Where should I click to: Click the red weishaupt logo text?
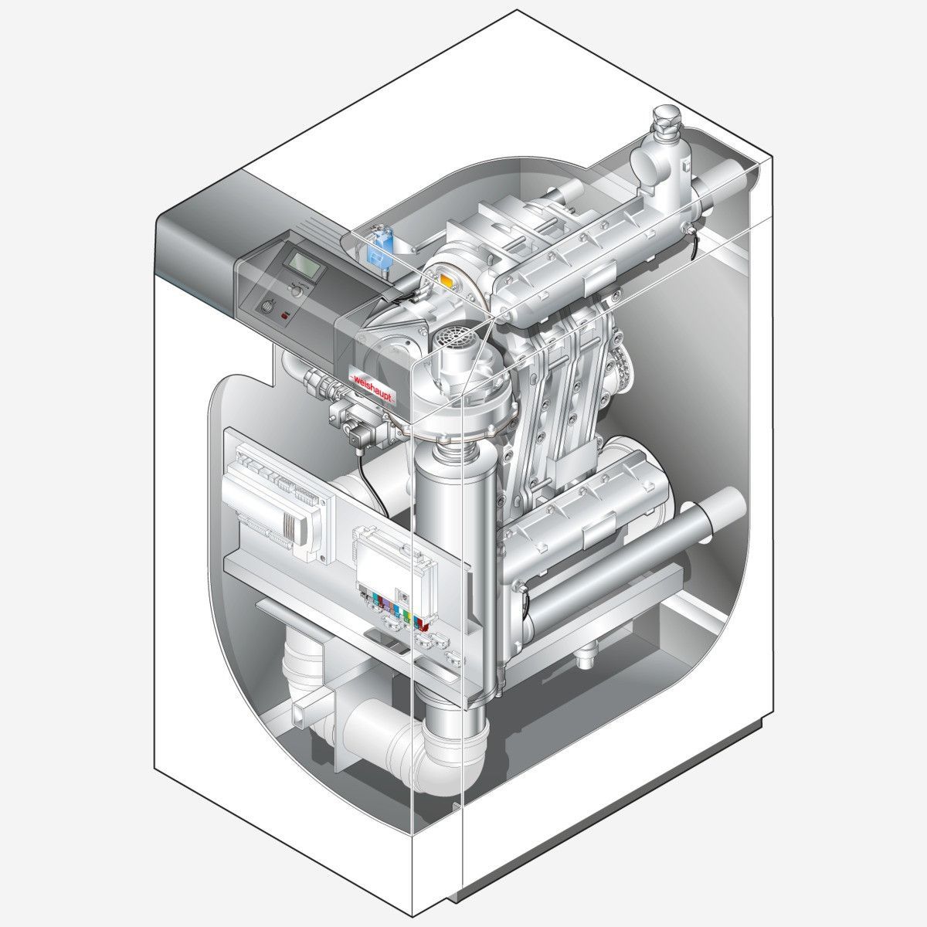(373, 387)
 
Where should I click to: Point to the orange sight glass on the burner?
(447, 281)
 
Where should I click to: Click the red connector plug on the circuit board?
(423, 625)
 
